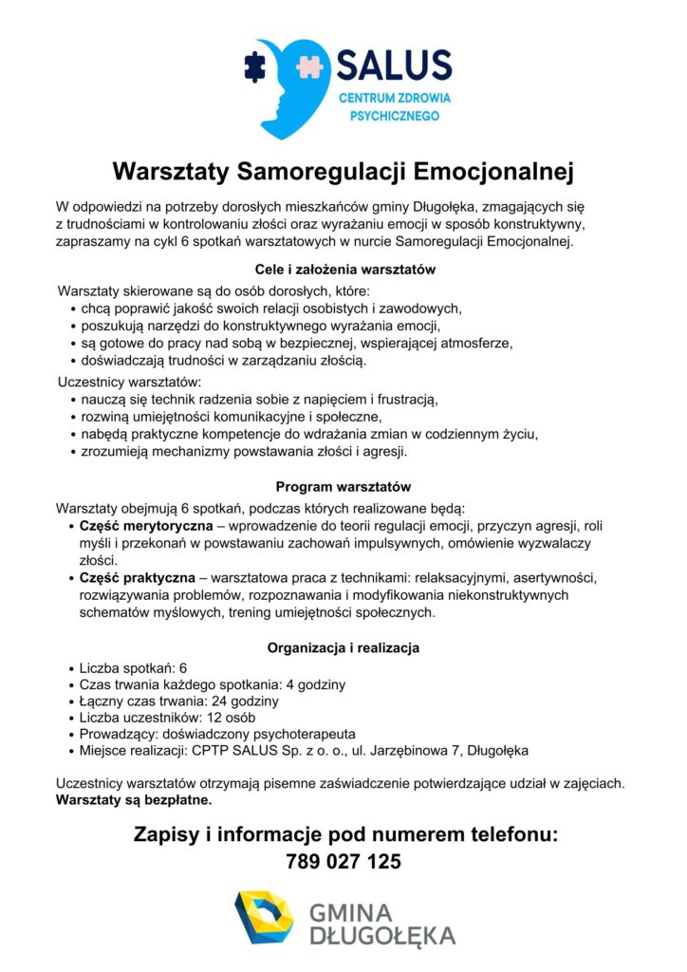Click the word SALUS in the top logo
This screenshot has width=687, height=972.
click(x=394, y=66)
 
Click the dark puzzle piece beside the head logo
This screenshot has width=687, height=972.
click(x=254, y=65)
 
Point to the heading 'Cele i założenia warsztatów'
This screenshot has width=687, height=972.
click(x=343, y=270)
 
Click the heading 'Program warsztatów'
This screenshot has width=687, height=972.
click(x=343, y=486)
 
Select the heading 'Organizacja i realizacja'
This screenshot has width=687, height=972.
click(x=343, y=648)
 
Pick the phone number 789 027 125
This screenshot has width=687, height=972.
click(x=343, y=862)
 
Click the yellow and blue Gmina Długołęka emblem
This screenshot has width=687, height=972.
click(x=265, y=918)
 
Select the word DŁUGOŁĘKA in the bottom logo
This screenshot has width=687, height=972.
click(x=382, y=936)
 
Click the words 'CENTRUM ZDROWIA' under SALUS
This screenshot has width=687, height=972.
click(x=395, y=99)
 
